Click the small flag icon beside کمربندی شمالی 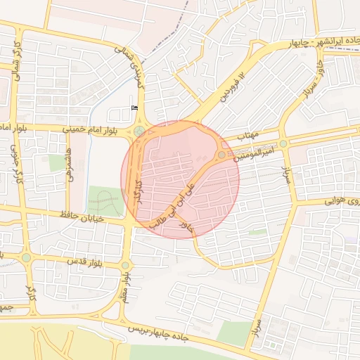click(x=134, y=108)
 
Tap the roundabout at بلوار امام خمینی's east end click(x=140, y=130)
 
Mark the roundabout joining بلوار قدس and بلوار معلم click(x=125, y=265)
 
